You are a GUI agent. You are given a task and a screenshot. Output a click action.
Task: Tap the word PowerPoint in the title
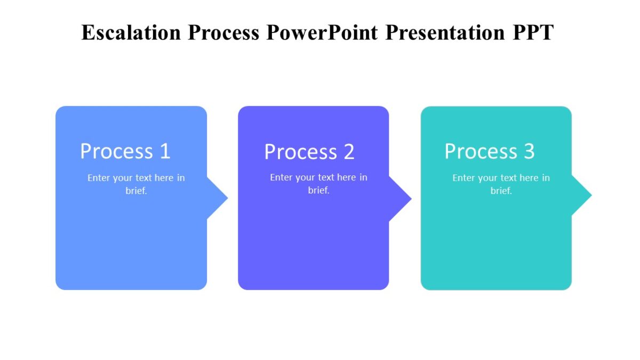[323, 33]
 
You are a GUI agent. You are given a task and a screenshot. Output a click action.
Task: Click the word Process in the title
[223, 33]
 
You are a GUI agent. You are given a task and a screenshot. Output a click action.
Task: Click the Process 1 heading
[125, 151]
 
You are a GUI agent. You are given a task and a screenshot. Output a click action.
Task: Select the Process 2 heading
[309, 152]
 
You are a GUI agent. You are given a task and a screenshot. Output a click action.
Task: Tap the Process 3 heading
[490, 151]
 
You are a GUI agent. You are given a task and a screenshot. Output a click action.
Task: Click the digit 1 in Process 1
[165, 151]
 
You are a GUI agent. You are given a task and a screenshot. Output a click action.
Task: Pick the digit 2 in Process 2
[349, 152]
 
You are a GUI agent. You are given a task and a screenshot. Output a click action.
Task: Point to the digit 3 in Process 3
[529, 151]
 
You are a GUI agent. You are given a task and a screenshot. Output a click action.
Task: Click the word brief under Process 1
[136, 191]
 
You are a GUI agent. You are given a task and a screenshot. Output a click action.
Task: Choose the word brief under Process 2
[318, 190]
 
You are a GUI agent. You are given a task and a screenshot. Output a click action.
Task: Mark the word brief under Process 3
[501, 191]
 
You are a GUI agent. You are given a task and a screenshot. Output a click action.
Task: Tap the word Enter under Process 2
[281, 178]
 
